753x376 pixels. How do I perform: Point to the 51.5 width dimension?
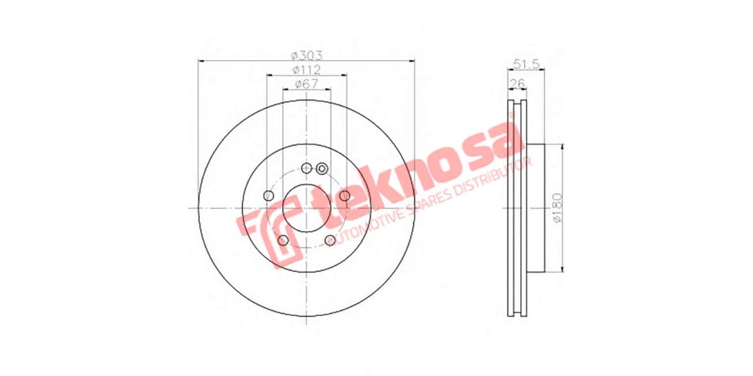tap(526, 63)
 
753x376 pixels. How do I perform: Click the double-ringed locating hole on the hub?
tap(322, 168)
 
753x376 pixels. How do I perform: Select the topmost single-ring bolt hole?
tap(306, 168)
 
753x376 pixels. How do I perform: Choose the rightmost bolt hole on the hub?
tap(344, 196)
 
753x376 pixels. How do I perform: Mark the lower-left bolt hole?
tap(283, 241)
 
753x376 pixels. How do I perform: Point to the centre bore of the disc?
tap(306, 209)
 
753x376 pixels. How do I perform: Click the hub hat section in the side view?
tap(537, 208)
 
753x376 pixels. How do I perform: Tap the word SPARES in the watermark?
tap(433, 203)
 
